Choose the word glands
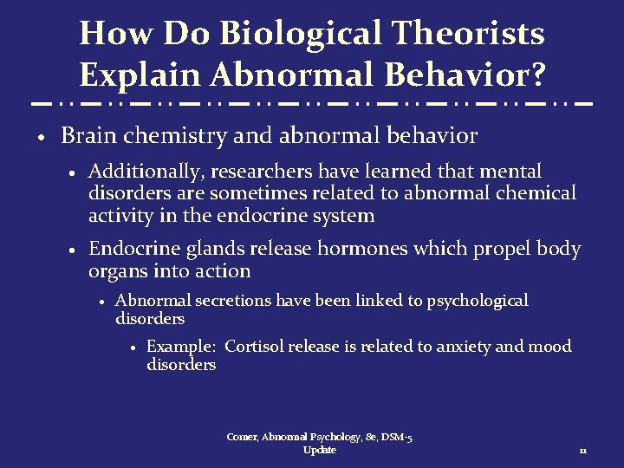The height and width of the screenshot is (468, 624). [x=214, y=250]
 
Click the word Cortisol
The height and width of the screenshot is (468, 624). [x=255, y=347]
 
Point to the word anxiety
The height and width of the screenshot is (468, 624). [x=453, y=347]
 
